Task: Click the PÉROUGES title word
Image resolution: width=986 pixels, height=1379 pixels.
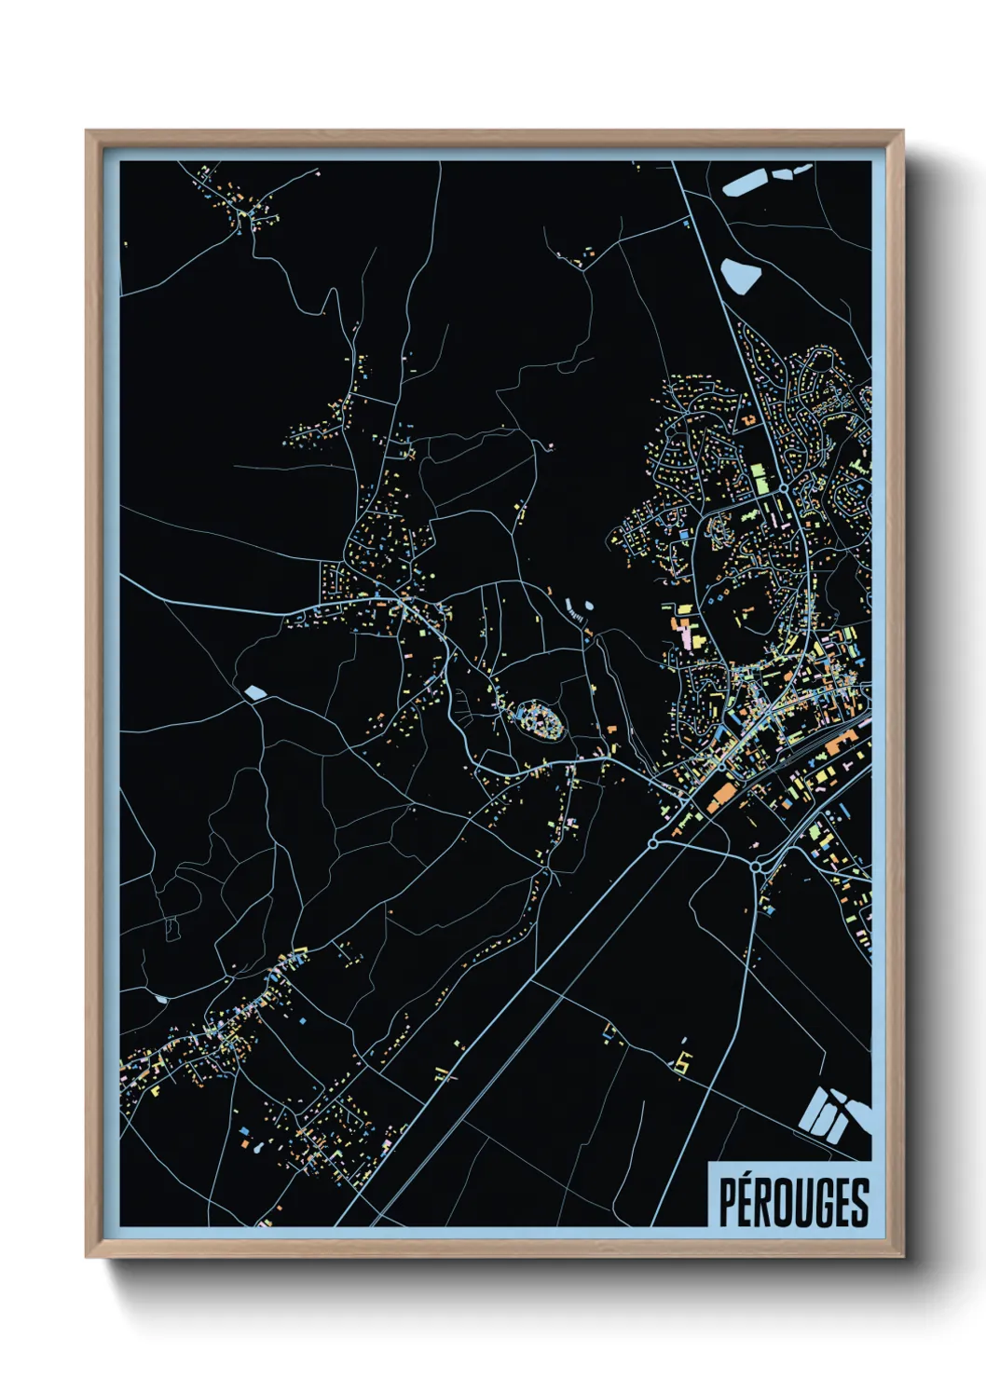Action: pyautogui.click(x=793, y=1202)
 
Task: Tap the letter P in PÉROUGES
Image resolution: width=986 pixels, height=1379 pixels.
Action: pyautogui.click(x=727, y=1202)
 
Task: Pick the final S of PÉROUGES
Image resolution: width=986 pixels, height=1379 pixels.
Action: pyautogui.click(x=859, y=1202)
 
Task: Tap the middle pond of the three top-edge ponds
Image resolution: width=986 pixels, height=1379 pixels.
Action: pyautogui.click(x=781, y=171)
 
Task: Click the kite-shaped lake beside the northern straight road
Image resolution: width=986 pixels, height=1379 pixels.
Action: pyautogui.click(x=741, y=276)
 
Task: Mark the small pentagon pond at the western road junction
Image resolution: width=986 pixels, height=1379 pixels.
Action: pyautogui.click(x=254, y=692)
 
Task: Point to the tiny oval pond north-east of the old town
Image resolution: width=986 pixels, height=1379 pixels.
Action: pyautogui.click(x=589, y=607)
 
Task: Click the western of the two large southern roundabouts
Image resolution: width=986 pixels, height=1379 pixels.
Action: pyautogui.click(x=652, y=843)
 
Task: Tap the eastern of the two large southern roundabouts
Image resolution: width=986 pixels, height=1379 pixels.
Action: pyautogui.click(x=756, y=867)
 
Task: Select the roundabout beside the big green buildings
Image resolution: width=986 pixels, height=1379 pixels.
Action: pyautogui.click(x=785, y=487)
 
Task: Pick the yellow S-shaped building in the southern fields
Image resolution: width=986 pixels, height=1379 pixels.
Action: pyautogui.click(x=685, y=1060)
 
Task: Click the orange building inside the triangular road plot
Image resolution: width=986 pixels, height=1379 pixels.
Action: pyautogui.click(x=720, y=794)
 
